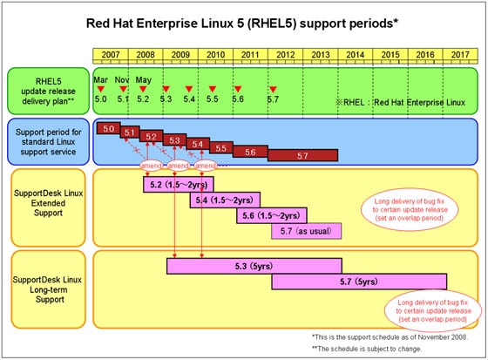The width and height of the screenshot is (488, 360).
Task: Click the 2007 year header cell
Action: point(111,55)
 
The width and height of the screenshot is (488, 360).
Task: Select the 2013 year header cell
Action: point(321,55)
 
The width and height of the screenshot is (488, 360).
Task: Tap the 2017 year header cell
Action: point(460,55)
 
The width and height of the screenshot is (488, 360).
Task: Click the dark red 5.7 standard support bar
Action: point(302,155)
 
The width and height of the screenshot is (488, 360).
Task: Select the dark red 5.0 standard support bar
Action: point(109,129)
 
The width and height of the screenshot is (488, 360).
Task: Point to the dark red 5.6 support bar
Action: point(250,151)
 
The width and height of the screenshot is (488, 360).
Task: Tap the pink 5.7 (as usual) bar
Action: point(306,231)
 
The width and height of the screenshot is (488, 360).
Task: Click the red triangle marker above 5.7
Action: point(273,90)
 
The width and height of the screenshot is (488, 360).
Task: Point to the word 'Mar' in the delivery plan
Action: point(102,78)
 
